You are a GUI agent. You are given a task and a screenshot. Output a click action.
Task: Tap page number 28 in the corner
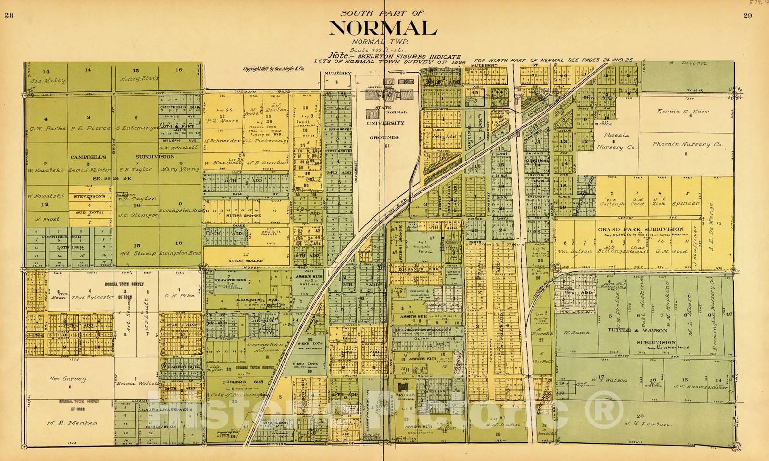click(x=8, y=15)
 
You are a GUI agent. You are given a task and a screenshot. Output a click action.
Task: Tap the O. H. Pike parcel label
click(x=179, y=295)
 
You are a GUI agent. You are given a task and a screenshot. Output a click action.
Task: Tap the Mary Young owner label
click(x=180, y=169)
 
